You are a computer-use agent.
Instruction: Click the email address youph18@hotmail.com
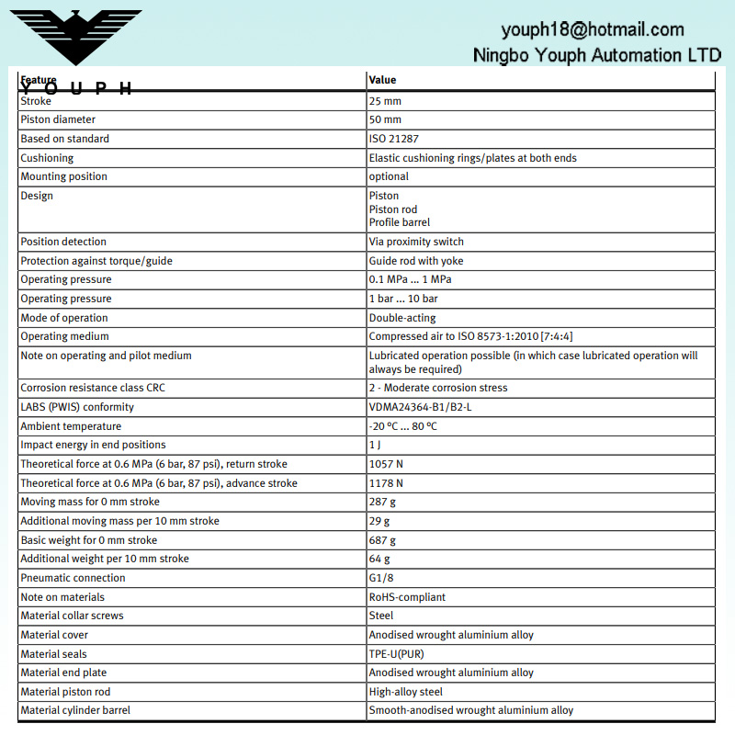tap(592, 29)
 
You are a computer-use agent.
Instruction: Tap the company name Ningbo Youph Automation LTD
tap(596, 55)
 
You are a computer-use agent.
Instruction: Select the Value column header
tap(382, 80)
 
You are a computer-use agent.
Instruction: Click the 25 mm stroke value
tap(385, 101)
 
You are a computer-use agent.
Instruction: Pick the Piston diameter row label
tap(58, 119)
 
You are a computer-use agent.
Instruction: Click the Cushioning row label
tap(47, 158)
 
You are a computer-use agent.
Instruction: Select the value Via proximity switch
tap(416, 242)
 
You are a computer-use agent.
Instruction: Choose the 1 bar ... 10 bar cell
tap(403, 299)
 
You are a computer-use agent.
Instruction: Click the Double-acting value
tap(402, 318)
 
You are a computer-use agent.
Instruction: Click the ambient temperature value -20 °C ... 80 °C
tap(403, 426)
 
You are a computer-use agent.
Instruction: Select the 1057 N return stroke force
tap(386, 464)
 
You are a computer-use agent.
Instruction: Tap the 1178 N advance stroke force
tap(386, 483)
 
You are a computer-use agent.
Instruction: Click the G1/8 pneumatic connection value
tap(381, 578)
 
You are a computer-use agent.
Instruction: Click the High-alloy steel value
tap(406, 692)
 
